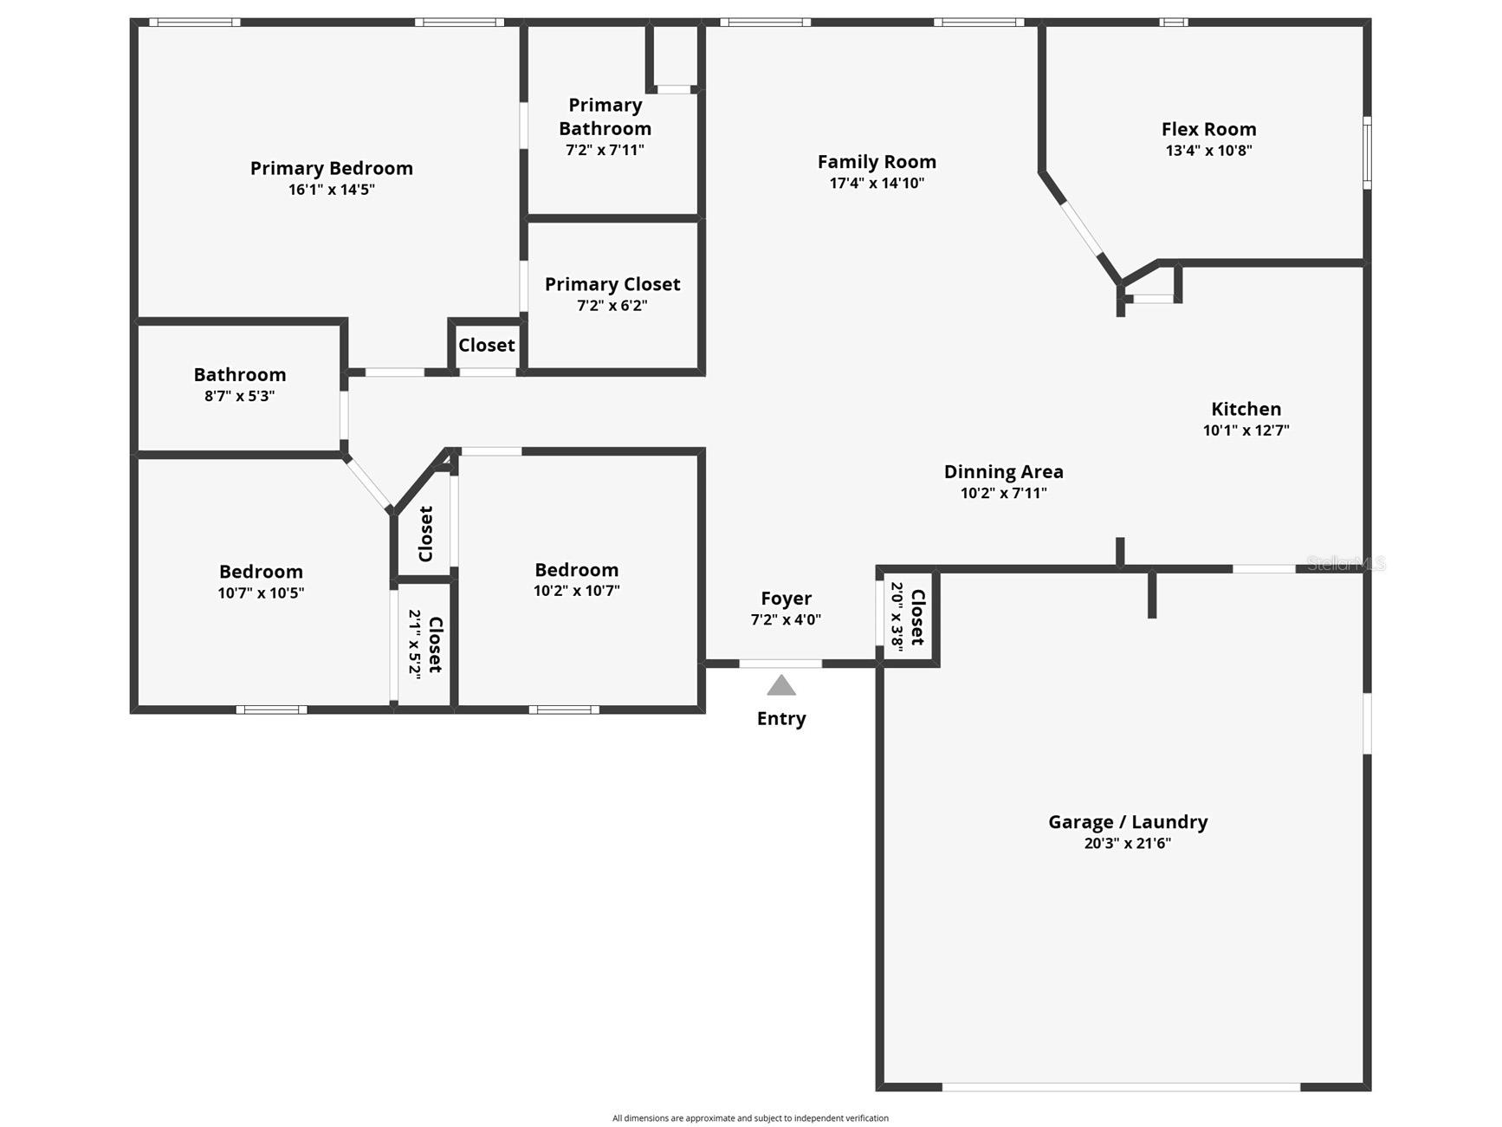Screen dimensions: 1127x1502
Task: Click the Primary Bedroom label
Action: pyautogui.click(x=331, y=168)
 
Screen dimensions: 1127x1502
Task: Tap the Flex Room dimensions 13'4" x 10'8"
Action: pyautogui.click(x=1208, y=150)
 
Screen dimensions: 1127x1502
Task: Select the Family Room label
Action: pyautogui.click(x=877, y=162)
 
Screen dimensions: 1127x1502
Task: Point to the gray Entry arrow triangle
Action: pyautogui.click(x=781, y=686)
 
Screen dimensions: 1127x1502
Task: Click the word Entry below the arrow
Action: pyautogui.click(x=781, y=718)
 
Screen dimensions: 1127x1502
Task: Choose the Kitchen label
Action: pyautogui.click(x=1246, y=409)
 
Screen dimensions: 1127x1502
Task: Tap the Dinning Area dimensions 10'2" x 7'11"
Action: pyautogui.click(x=1003, y=493)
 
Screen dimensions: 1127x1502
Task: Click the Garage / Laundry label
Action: pyautogui.click(x=1127, y=822)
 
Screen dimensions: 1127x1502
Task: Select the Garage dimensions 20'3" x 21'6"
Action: pyautogui.click(x=1127, y=843)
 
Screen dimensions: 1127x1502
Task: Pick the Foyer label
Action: pyautogui.click(x=786, y=599)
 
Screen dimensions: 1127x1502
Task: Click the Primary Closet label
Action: pyautogui.click(x=612, y=284)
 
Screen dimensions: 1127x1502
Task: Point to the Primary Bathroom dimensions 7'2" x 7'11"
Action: pyautogui.click(x=605, y=150)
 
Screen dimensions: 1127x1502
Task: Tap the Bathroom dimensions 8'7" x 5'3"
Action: pyautogui.click(x=239, y=396)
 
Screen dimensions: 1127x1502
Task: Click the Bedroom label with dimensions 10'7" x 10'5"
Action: pyautogui.click(x=261, y=572)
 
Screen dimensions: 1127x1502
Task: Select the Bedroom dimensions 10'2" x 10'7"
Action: pyautogui.click(x=576, y=591)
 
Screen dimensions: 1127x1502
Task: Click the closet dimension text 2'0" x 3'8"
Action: pyautogui.click(x=897, y=616)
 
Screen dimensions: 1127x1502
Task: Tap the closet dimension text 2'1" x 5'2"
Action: pyautogui.click(x=415, y=644)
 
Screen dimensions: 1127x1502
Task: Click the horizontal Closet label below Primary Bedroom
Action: pyautogui.click(x=486, y=345)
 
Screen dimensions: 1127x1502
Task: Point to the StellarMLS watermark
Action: pyautogui.click(x=1345, y=564)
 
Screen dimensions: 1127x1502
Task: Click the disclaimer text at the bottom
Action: pyautogui.click(x=750, y=1117)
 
